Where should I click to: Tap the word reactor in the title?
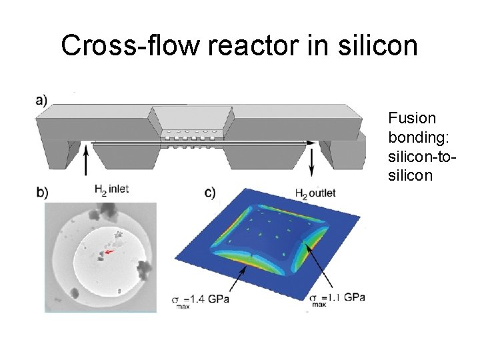pos(240,45)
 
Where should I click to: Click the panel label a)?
pos(41,101)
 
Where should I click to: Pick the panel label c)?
pos(210,193)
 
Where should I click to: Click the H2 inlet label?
pos(111,190)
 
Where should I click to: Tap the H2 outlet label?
pos(315,193)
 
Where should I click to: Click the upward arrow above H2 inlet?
pos(87,164)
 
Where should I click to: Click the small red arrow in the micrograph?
pos(107,253)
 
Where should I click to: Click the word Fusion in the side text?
pos(411,119)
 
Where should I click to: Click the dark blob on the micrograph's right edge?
pos(143,269)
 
